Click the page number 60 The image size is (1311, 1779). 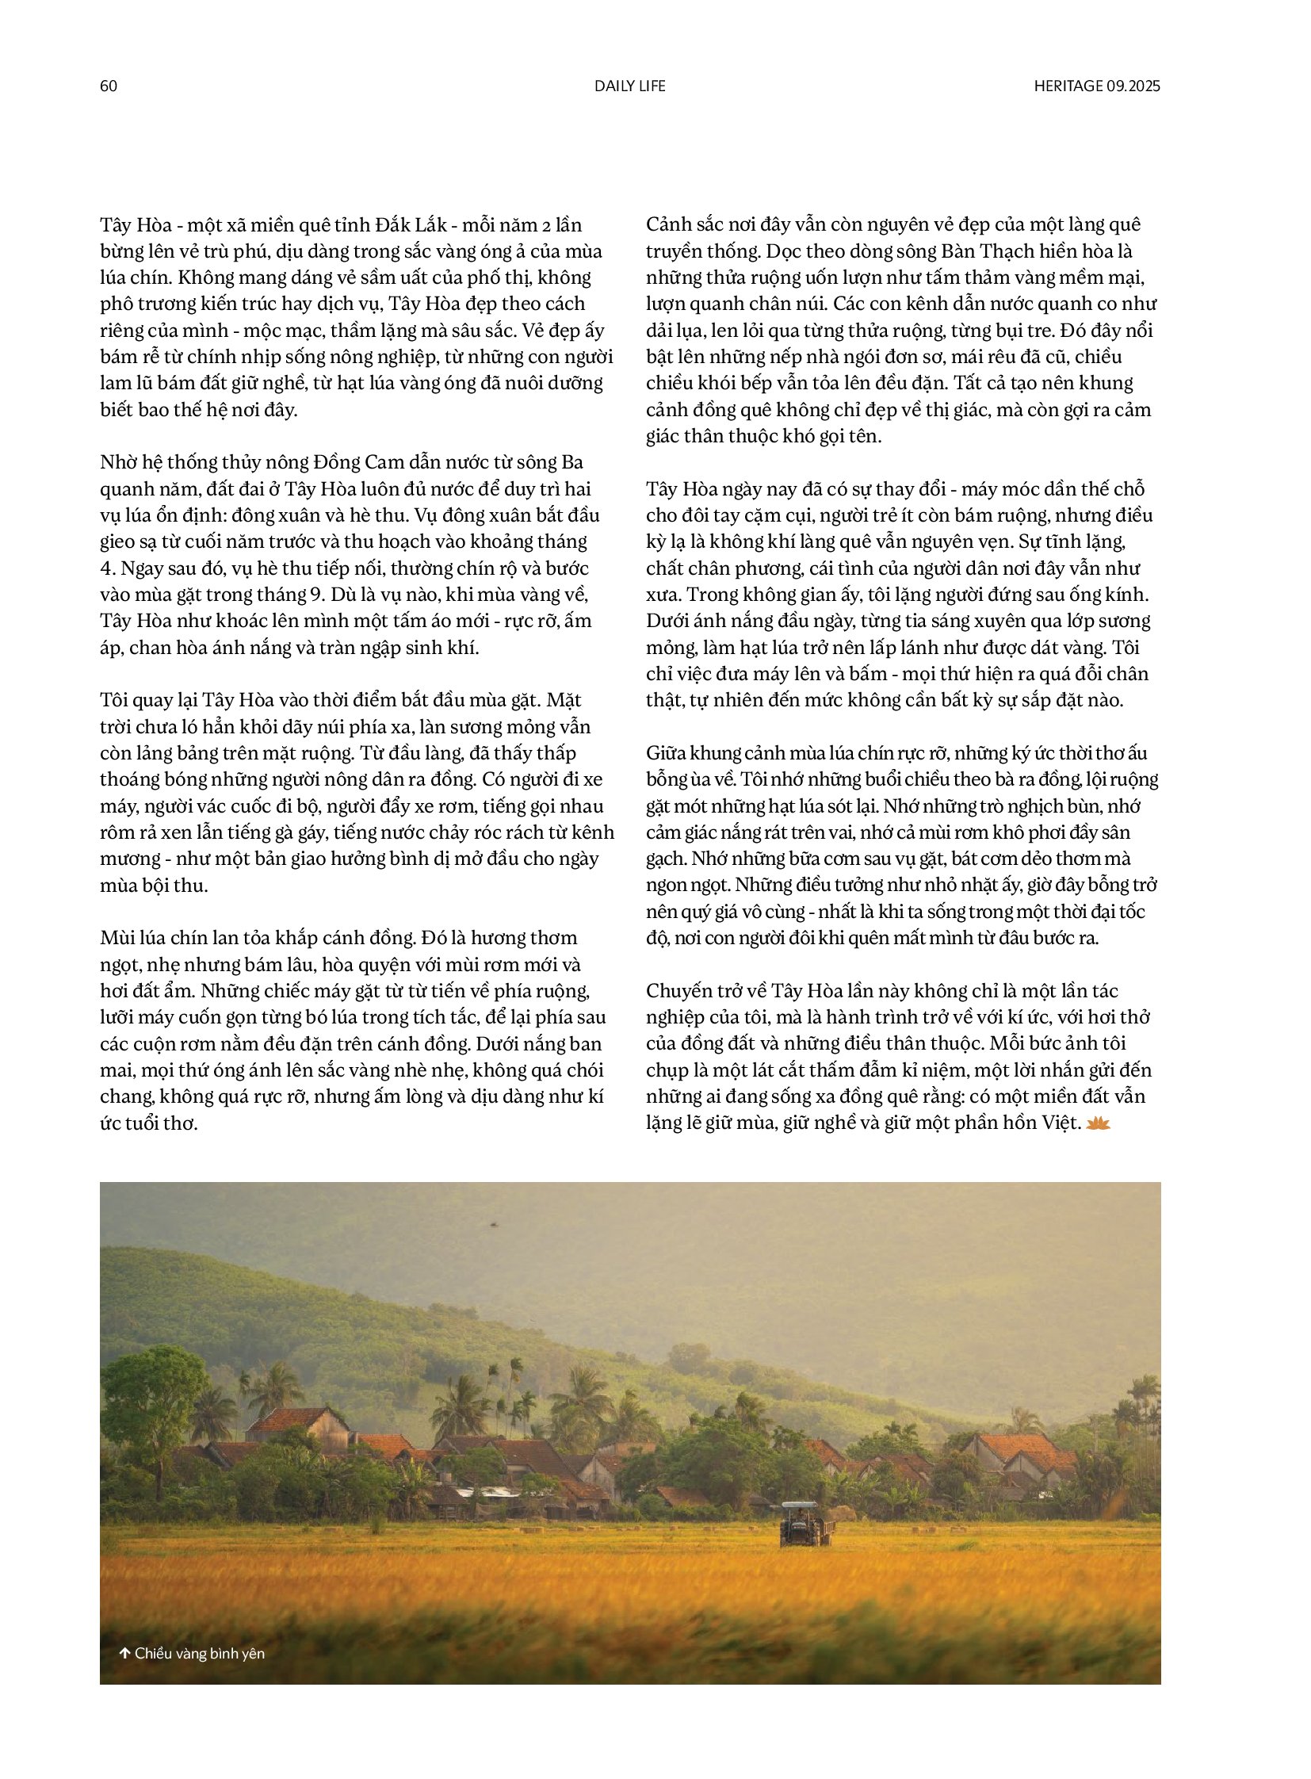[109, 86]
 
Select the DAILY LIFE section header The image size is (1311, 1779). [630, 86]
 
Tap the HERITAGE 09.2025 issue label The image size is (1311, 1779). [1097, 86]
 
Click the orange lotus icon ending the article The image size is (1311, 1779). [1099, 1123]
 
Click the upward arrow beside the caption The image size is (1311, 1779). [125, 1654]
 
